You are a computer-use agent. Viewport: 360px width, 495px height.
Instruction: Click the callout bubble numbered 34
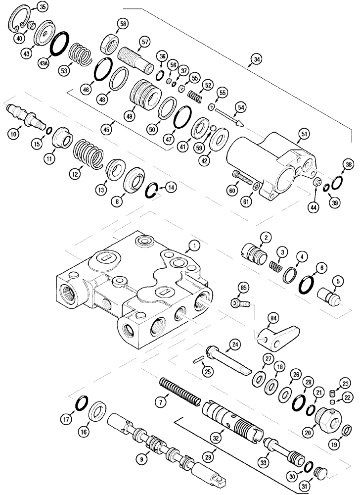pos(256,59)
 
